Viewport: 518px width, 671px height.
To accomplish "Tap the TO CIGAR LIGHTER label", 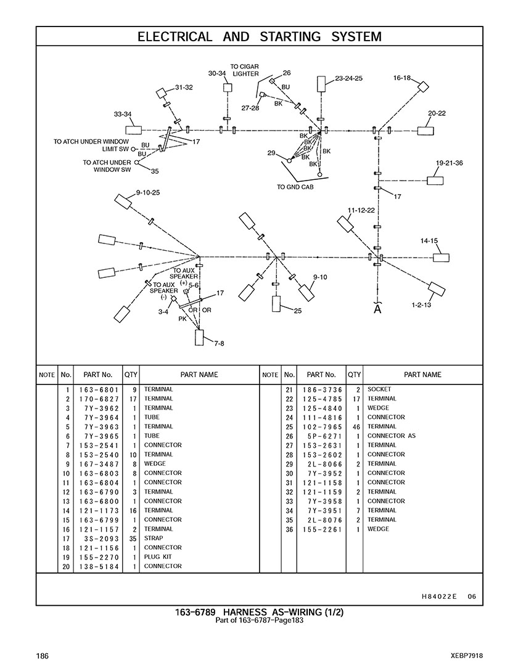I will click(245, 70).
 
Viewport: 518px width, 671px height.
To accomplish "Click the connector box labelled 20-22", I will click(426, 131).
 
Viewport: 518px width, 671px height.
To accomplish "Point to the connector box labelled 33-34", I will click(133, 130).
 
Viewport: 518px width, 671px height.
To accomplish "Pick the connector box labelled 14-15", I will click(441, 257).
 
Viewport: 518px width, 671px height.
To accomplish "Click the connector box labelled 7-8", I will click(200, 338).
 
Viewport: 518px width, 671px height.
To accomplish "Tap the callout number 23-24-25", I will click(348, 78).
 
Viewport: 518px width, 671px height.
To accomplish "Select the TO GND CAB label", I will click(295, 187).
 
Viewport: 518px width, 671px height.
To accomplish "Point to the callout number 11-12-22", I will click(361, 210).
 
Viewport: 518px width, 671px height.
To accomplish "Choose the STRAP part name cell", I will click(154, 538).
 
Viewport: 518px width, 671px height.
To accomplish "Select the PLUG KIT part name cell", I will click(158, 557).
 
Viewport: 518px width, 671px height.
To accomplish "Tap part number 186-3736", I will click(322, 389).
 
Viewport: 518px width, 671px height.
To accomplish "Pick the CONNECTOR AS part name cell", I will click(392, 436).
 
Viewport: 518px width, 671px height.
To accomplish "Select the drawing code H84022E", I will click(439, 596).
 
